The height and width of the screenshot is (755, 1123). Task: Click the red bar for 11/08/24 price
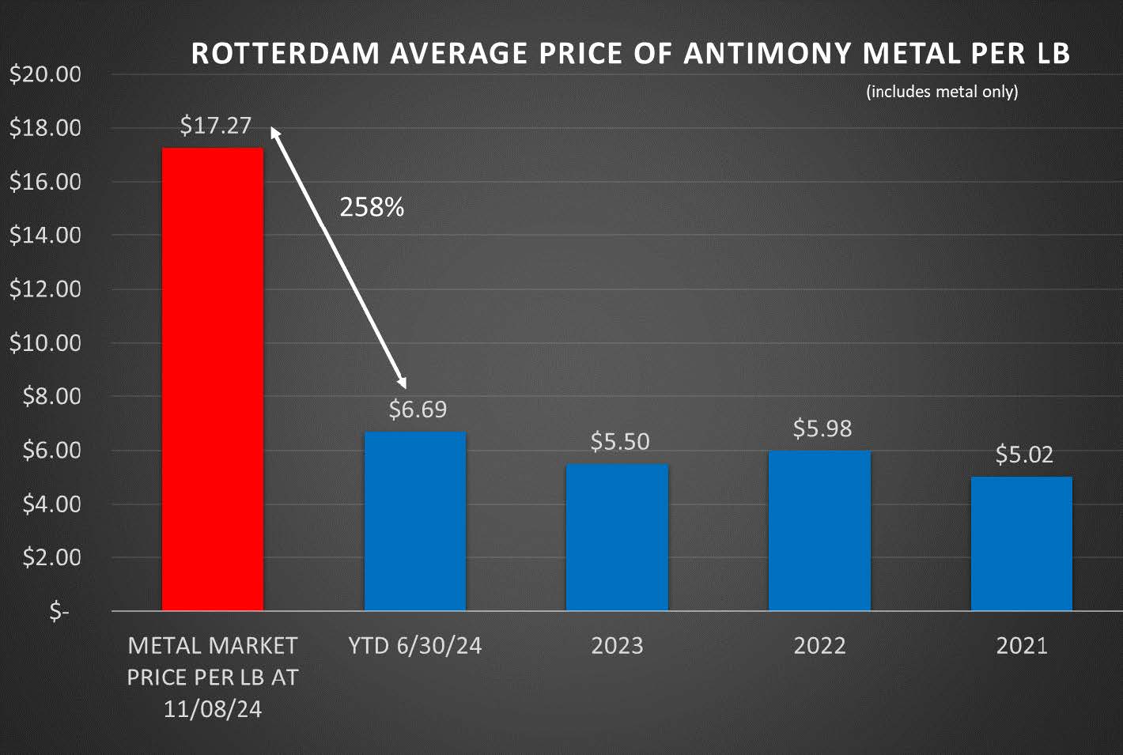point(212,379)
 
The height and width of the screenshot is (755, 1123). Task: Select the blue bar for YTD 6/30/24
point(415,521)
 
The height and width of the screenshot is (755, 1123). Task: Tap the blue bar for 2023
point(617,537)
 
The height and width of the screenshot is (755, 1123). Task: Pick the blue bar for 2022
point(819,530)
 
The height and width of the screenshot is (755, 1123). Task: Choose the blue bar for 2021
point(1022,543)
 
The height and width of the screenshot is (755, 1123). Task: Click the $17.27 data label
point(215,125)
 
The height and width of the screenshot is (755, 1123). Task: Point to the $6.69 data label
point(418,410)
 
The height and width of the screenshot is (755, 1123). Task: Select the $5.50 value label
point(620,441)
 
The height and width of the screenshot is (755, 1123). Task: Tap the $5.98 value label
point(822,428)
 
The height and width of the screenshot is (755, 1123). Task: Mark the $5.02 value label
point(1024,455)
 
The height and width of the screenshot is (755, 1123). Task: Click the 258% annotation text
point(372,207)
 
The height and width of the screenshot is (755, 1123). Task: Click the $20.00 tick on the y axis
point(45,74)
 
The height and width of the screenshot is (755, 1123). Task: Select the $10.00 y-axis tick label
point(45,343)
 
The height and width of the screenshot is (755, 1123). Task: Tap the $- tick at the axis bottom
point(59,611)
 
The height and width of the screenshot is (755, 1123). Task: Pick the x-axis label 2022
point(819,646)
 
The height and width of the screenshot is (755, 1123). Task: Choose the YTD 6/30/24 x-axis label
point(415,646)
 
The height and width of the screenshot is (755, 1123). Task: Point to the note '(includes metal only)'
point(942,92)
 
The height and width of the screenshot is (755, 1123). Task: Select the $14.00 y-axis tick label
point(45,236)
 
